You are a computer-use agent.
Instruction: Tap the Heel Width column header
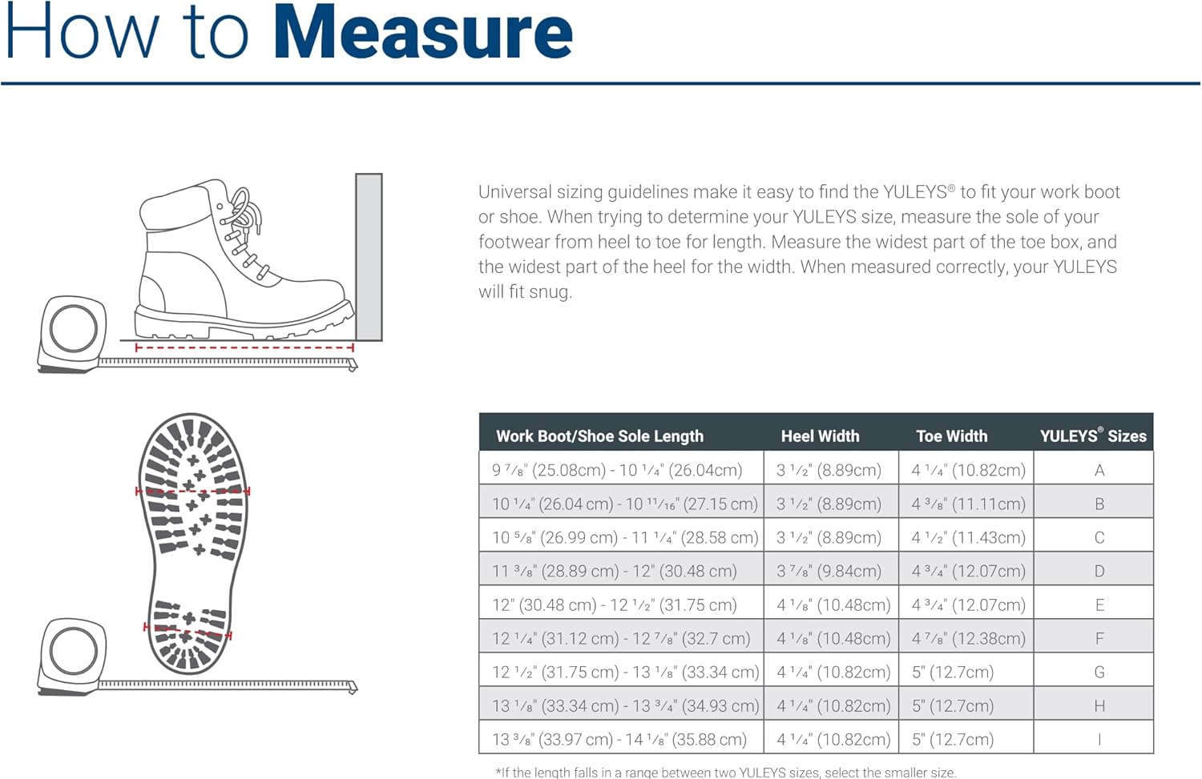[x=820, y=436]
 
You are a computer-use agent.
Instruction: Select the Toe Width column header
[x=951, y=436]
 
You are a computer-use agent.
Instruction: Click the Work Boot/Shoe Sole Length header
[x=599, y=436]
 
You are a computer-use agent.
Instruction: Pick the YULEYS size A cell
[x=1099, y=470]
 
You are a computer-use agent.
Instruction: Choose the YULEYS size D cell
[x=1099, y=571]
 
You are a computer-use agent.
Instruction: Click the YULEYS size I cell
[x=1099, y=739]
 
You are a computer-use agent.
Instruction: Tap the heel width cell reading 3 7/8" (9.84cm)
[x=829, y=571]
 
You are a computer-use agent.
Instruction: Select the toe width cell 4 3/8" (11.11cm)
[x=968, y=504]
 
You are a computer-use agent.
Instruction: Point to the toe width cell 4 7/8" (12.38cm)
[x=968, y=638]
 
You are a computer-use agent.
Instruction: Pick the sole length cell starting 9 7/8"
[x=617, y=470]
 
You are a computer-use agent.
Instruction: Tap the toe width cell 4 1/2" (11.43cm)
[x=968, y=537]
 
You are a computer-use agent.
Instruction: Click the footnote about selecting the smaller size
[x=726, y=772]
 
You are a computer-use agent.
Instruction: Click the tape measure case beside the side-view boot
[x=73, y=330]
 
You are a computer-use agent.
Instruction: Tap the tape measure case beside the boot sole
[x=73, y=650]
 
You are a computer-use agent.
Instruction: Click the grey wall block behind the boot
[x=369, y=256]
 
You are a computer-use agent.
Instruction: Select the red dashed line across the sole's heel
[x=188, y=631]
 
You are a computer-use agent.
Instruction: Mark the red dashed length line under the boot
[x=244, y=347]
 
